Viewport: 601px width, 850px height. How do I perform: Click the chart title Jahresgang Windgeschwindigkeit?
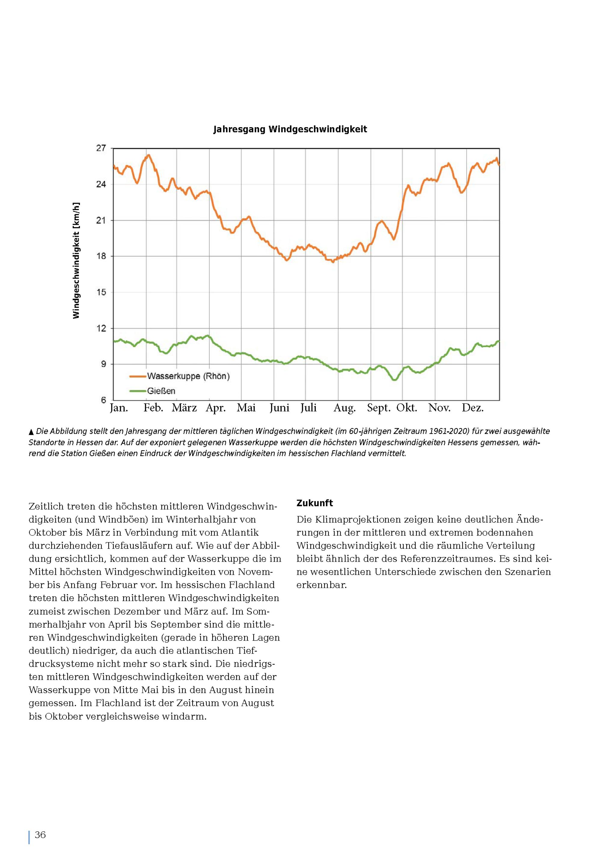point(290,129)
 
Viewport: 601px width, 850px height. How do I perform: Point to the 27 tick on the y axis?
point(101,148)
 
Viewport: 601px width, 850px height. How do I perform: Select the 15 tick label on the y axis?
point(101,292)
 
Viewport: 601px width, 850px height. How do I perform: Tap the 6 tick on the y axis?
point(103,400)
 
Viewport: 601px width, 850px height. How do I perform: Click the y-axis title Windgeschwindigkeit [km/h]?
point(76,260)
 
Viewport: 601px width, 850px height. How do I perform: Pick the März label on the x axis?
point(184,408)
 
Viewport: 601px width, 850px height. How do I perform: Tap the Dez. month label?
point(473,408)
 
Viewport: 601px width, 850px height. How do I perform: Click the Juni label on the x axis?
point(279,408)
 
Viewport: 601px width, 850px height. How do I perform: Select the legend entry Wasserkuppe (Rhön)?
point(180,376)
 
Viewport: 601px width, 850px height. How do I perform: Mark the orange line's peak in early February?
point(148,155)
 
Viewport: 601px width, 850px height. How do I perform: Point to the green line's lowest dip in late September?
point(394,380)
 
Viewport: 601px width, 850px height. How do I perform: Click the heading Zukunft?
point(315,503)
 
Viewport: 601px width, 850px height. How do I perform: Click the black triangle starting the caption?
point(32,432)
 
